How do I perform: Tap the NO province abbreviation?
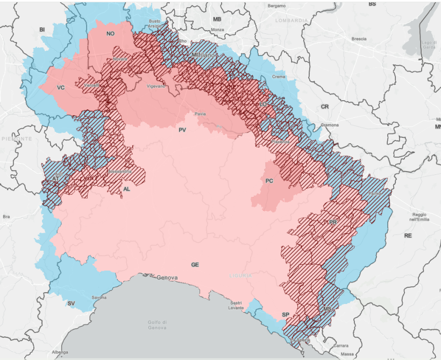click(x=110, y=34)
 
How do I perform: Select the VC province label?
click(x=61, y=87)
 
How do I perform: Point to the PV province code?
click(x=182, y=130)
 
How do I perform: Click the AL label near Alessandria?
click(x=126, y=189)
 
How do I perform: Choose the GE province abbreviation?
click(x=195, y=265)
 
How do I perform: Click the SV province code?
click(x=71, y=303)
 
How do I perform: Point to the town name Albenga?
click(x=60, y=352)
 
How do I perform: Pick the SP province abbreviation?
click(x=285, y=314)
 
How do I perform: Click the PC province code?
click(x=269, y=181)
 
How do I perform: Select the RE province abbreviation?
click(x=408, y=236)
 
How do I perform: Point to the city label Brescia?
click(x=359, y=39)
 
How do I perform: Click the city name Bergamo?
click(x=276, y=6)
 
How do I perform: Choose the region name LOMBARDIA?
click(x=291, y=20)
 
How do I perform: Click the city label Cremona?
click(x=330, y=125)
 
